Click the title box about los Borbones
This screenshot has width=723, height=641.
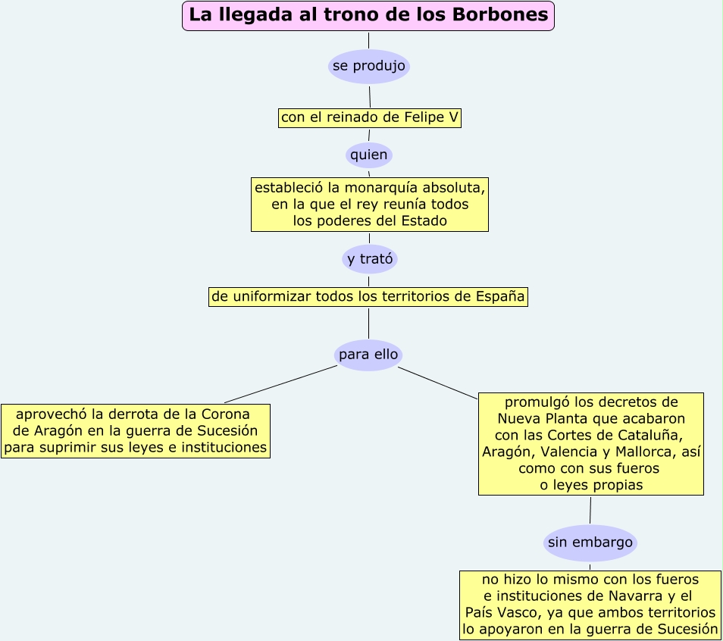tap(368, 16)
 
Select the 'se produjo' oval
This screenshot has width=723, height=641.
tap(369, 67)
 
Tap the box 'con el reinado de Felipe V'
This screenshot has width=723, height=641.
tap(370, 117)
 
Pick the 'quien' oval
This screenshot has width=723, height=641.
tap(369, 155)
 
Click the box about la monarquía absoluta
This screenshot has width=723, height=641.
tap(370, 204)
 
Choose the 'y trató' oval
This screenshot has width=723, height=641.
tap(370, 259)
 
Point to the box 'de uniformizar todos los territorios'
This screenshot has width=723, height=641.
tap(368, 297)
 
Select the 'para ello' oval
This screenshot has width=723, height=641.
tap(368, 355)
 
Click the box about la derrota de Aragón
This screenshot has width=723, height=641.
tap(136, 431)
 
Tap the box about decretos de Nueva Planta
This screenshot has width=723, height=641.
tap(591, 443)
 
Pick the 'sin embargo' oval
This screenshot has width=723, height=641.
tap(590, 543)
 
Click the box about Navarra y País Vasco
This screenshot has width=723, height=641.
tap(590, 604)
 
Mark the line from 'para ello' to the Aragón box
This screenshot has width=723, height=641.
tap(280, 384)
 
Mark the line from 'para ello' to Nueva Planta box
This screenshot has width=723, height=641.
tap(438, 383)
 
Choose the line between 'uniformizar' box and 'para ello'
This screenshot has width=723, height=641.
tap(369, 323)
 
